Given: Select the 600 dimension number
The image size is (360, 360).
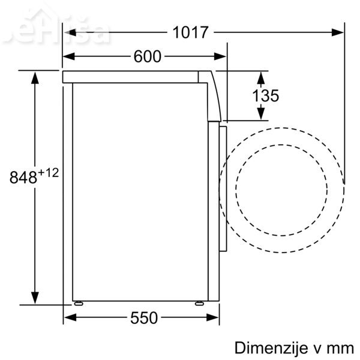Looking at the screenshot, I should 148,56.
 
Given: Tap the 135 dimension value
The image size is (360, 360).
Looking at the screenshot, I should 265,96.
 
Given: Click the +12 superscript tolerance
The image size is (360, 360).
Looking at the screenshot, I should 49,173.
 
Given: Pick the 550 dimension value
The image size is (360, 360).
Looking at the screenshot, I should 144,317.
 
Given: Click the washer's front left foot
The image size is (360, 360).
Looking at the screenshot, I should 77,303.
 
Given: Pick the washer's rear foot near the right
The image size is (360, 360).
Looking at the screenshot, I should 198,303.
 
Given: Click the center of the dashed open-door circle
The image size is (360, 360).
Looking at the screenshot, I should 282,191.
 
